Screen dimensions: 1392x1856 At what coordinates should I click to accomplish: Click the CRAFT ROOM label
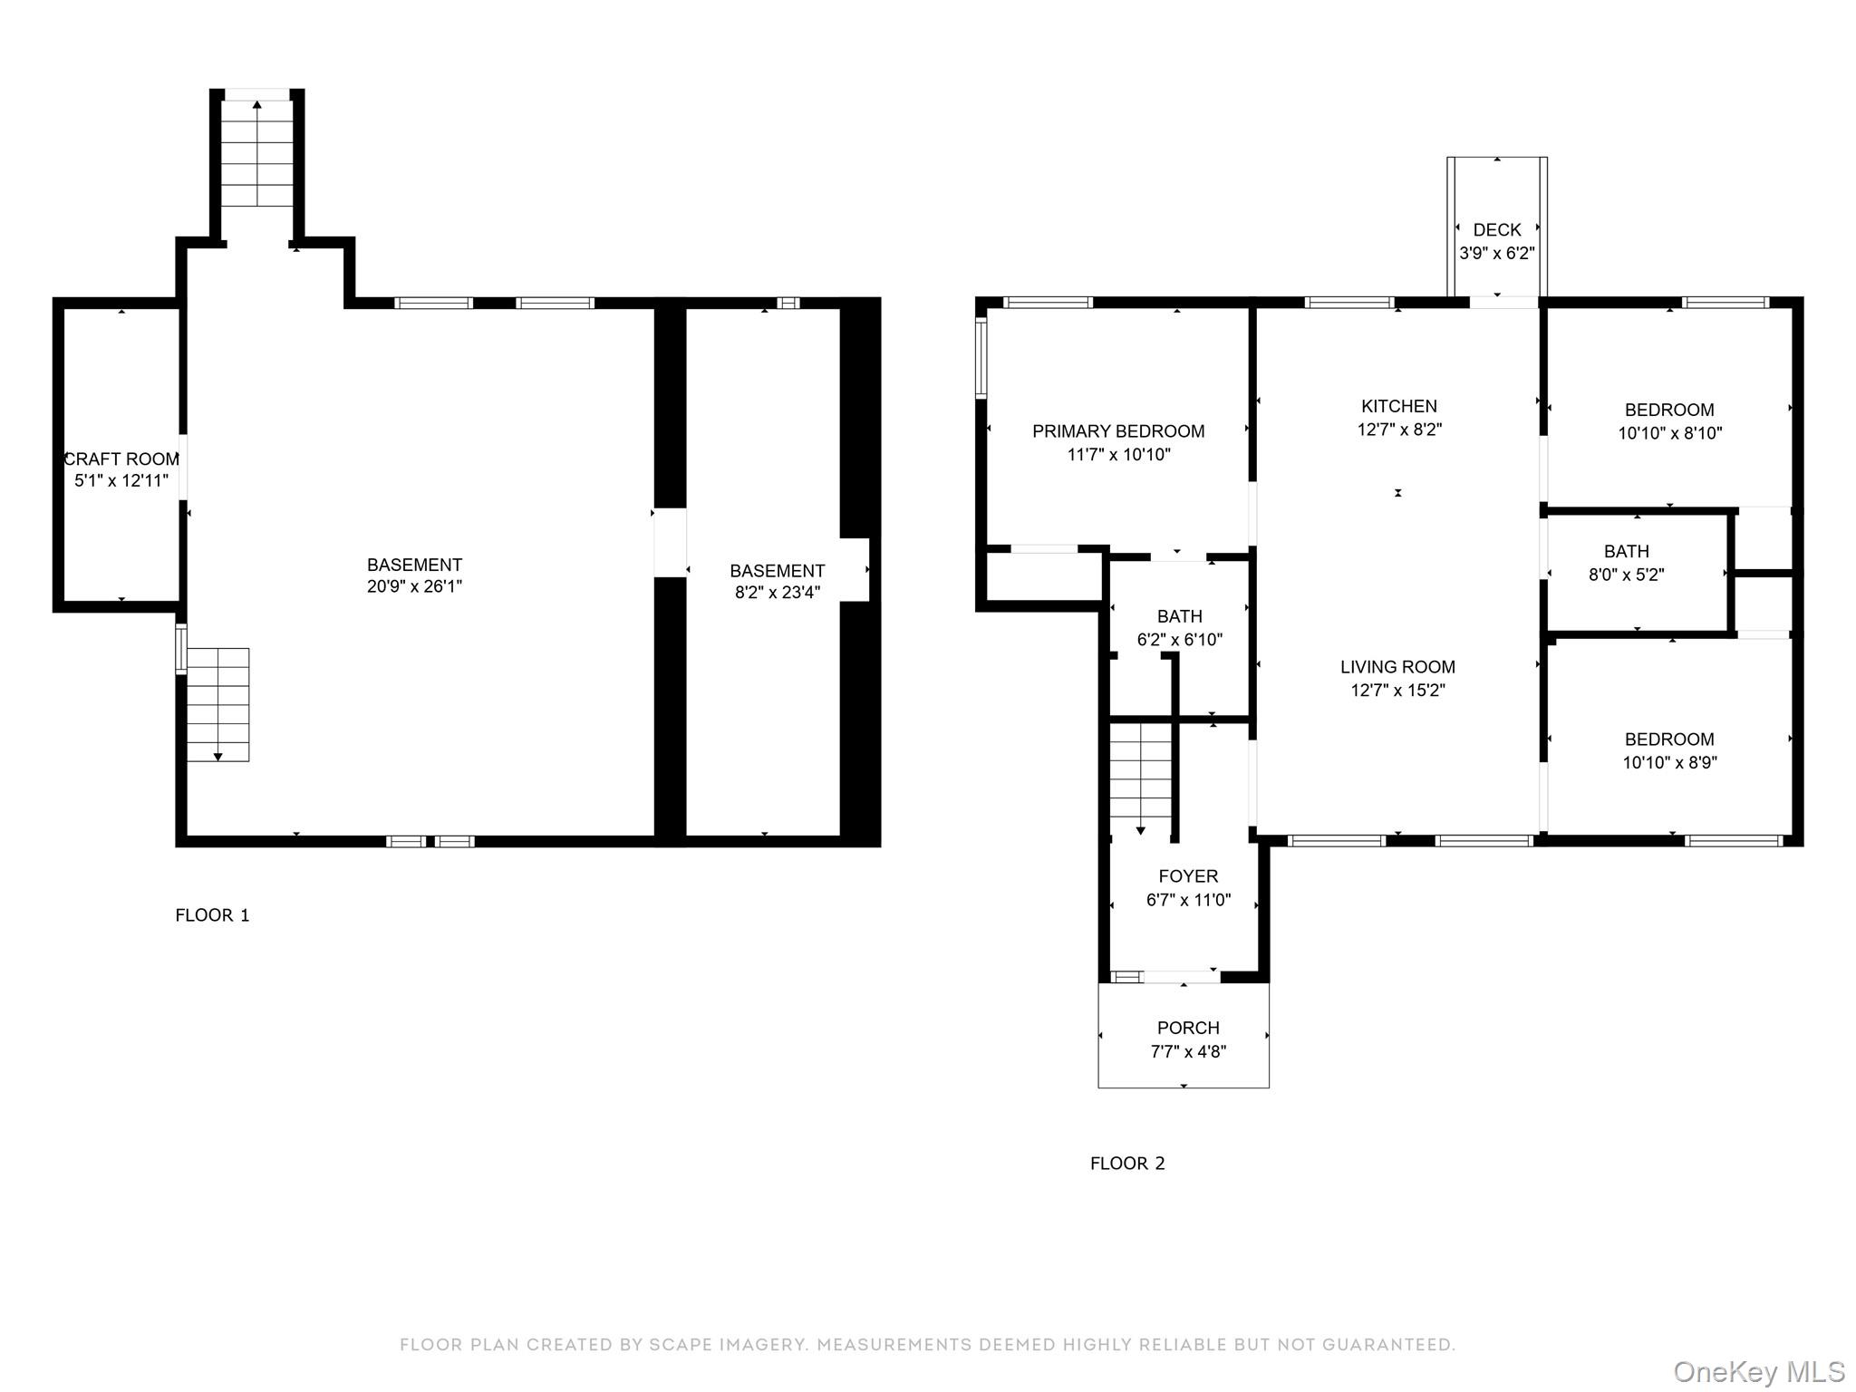(x=121, y=459)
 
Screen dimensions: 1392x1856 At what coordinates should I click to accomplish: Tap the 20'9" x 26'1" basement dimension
(x=414, y=586)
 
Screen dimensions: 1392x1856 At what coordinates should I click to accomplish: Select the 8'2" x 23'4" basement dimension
(x=777, y=593)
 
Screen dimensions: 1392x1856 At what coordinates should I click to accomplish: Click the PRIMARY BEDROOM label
(x=1118, y=431)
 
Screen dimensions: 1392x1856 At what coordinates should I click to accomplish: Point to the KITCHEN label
(x=1398, y=406)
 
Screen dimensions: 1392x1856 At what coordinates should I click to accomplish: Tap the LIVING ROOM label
(x=1397, y=667)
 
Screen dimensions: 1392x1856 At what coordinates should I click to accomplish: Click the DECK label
(x=1496, y=230)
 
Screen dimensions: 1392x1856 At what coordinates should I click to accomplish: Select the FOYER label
(x=1188, y=876)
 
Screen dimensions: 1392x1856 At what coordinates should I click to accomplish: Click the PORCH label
(x=1187, y=1028)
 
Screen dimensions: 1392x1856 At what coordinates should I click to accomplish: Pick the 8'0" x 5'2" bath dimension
(x=1626, y=575)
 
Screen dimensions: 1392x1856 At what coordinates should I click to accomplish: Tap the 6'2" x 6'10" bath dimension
(x=1179, y=640)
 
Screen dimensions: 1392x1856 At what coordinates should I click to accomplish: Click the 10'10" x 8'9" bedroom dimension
(x=1669, y=763)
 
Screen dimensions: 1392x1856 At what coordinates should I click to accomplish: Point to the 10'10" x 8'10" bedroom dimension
(x=1669, y=433)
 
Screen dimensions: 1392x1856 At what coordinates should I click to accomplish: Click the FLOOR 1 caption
(x=212, y=915)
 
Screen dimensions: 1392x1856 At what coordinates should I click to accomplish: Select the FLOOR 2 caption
(x=1126, y=1164)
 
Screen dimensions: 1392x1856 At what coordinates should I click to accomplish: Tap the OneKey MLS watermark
(x=1758, y=1372)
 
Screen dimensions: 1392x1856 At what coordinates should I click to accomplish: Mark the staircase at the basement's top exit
(x=257, y=154)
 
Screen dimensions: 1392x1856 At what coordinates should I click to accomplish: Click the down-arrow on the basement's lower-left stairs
(x=217, y=757)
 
